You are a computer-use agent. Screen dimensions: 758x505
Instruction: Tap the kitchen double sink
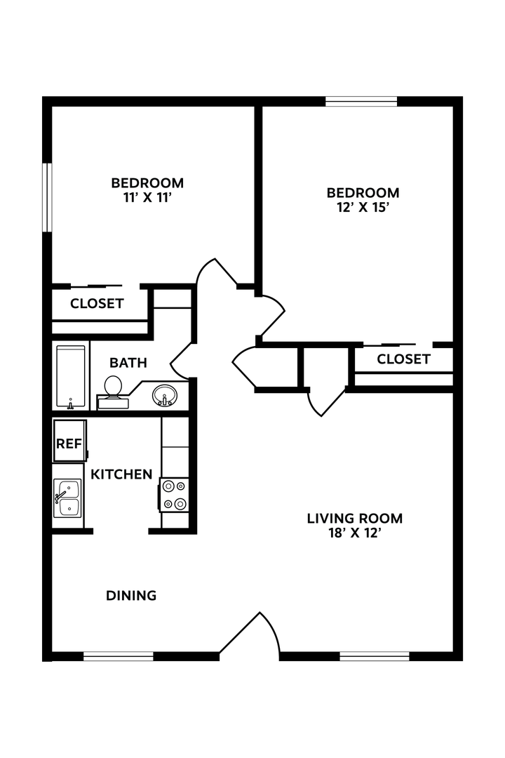[x=68, y=498]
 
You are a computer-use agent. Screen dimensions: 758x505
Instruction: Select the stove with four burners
[x=174, y=495]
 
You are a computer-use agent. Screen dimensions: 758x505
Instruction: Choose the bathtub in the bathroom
[x=71, y=376]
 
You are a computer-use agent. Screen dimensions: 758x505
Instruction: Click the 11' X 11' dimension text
[x=147, y=198]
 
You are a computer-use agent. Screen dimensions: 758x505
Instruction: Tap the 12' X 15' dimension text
[x=363, y=208]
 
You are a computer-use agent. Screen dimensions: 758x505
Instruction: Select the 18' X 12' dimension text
[x=355, y=533]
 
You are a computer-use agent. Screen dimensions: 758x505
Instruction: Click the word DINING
[x=131, y=596]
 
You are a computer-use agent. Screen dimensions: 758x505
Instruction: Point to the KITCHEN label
[x=121, y=474]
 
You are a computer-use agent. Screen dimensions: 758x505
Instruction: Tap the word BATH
[x=128, y=363]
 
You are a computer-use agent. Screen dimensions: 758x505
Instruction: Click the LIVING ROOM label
[x=355, y=519]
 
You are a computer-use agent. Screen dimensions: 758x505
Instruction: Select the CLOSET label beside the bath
[x=97, y=304]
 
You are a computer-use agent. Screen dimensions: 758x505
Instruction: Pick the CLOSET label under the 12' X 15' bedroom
[x=403, y=359]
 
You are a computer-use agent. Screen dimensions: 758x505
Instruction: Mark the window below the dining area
[x=118, y=657]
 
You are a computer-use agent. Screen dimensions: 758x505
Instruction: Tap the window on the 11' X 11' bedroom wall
[x=47, y=197]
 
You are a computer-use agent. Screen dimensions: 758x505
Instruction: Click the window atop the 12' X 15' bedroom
[x=361, y=101]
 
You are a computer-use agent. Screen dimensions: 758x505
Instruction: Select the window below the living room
[x=375, y=657]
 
